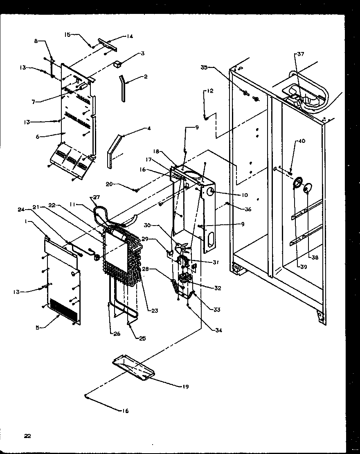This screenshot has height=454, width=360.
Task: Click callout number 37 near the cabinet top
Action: [x=301, y=54]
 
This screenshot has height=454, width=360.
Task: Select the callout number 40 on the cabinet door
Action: [x=301, y=142]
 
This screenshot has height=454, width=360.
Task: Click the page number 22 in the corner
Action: [x=27, y=436]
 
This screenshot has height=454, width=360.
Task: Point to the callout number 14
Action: [x=130, y=36]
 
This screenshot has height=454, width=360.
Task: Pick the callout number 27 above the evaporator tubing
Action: [x=97, y=197]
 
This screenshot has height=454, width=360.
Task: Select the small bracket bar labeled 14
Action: [x=108, y=45]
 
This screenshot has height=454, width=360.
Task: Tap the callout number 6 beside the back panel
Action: [x=37, y=137]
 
